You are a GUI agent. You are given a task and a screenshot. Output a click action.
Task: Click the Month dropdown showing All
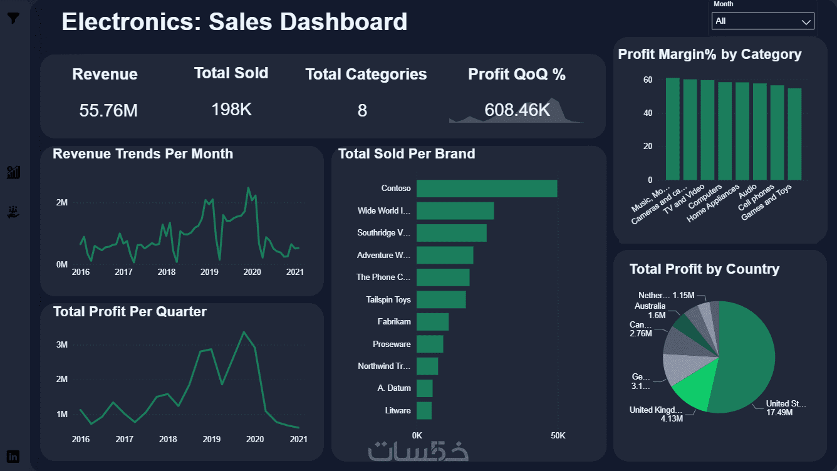762,21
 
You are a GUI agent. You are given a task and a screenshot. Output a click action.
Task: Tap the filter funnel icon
13,18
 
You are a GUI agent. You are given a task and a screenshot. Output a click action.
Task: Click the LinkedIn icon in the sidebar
13,456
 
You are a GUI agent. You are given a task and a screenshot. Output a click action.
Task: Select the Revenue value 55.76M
108,111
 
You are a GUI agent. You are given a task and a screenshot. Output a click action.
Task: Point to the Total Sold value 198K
231,110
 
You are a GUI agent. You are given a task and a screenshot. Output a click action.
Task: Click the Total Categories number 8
362,111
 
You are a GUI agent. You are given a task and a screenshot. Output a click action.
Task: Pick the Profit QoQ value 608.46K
517,111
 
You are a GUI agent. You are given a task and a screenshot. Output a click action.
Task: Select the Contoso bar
487,189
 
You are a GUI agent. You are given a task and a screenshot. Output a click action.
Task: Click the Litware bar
424,411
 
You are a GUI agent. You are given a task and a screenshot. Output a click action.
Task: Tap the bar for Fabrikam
432,322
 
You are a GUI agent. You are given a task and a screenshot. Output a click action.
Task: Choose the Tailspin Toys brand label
388,300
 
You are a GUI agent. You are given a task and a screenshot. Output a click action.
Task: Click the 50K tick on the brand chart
558,435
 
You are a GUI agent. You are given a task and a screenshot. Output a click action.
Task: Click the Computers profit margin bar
725,131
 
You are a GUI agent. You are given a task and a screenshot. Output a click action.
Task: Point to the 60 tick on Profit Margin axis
647,80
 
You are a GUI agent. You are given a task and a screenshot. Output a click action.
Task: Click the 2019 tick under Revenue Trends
209,272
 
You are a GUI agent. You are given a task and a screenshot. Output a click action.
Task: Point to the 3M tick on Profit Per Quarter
62,344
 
